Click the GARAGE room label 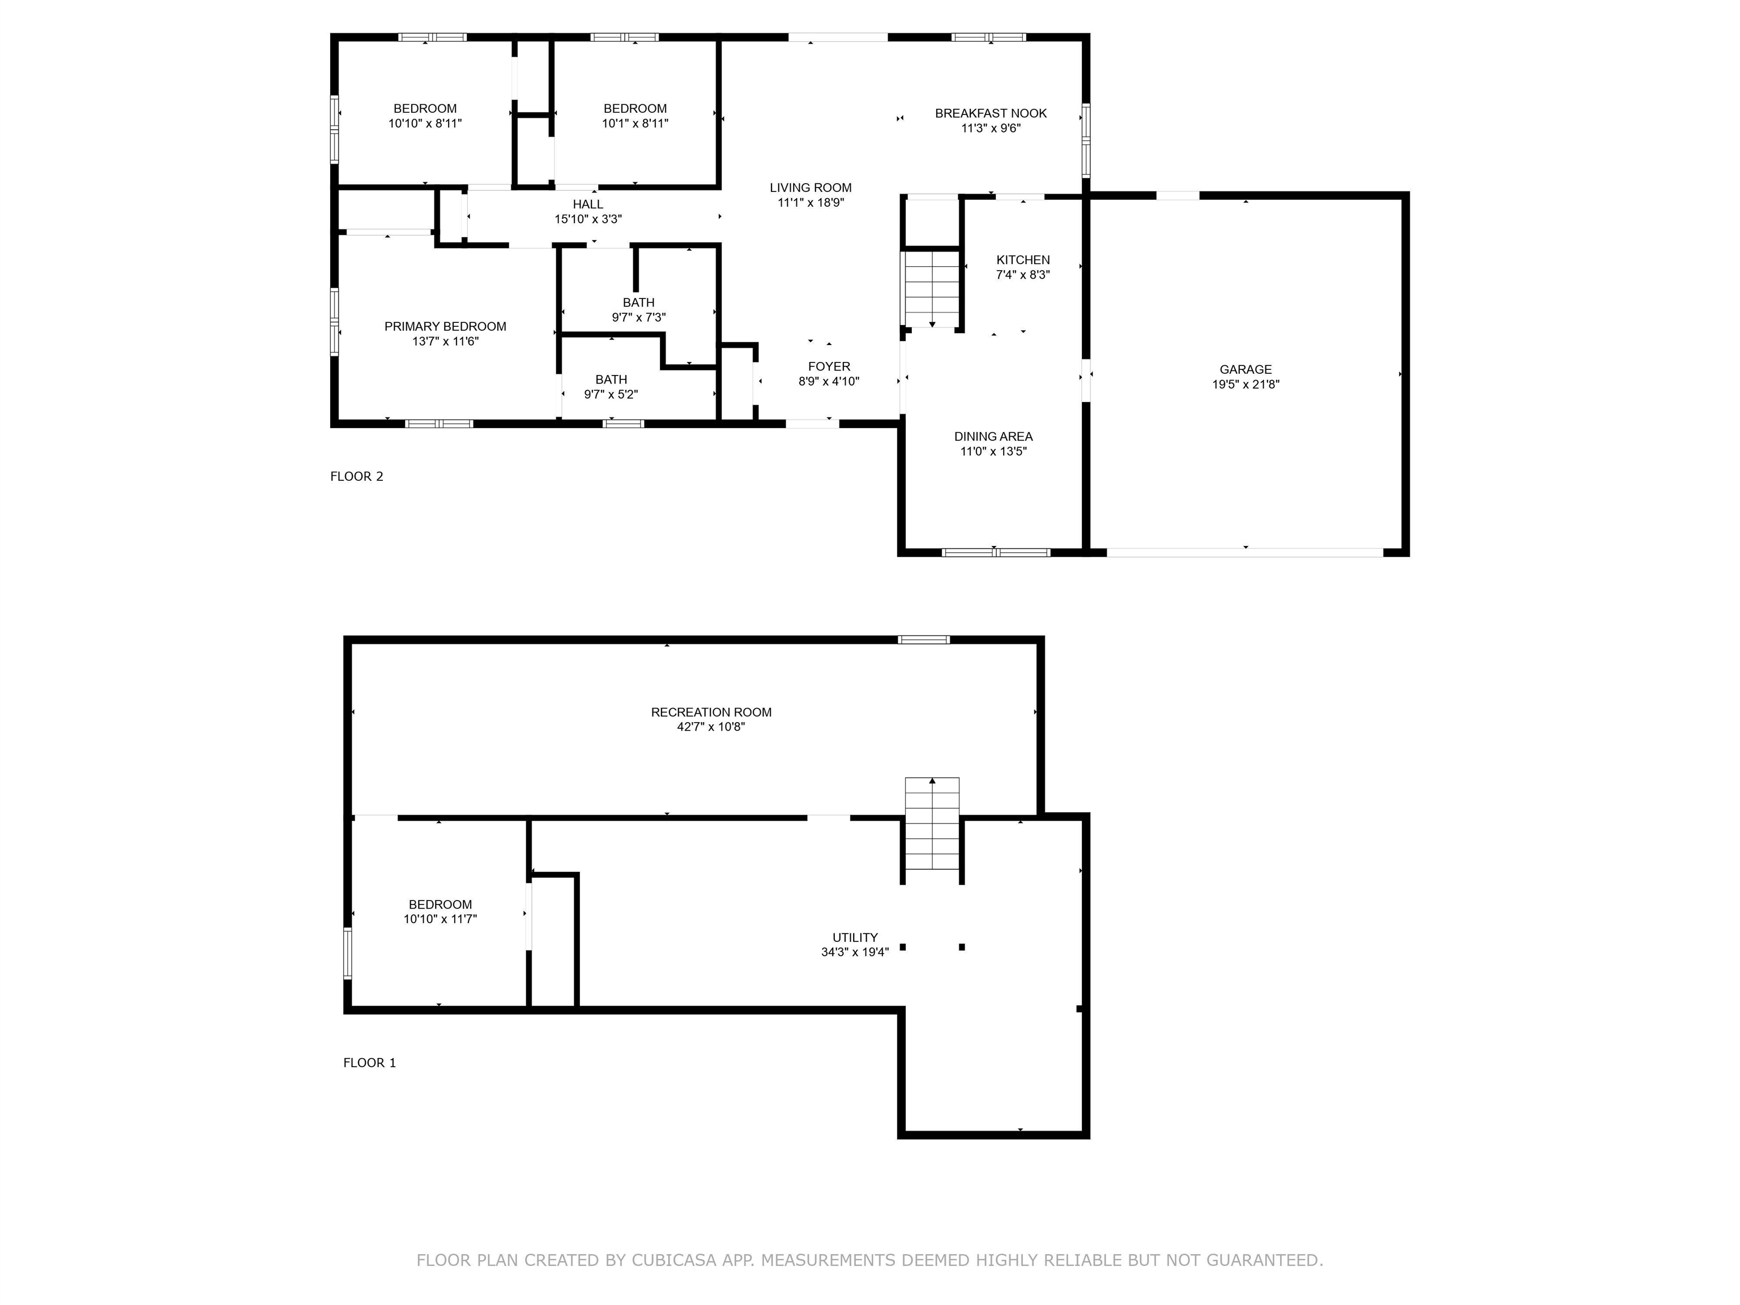pos(1245,369)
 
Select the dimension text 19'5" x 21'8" pos(1245,385)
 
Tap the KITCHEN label pos(1022,259)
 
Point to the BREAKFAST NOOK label pos(990,113)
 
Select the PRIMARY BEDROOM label pos(445,326)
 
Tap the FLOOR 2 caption pos(356,476)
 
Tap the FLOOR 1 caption pos(369,1063)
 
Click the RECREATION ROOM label pos(711,712)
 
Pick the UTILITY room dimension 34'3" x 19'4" pos(855,952)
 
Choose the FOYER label pos(829,366)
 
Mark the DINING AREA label pos(993,437)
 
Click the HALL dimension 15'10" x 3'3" pos(588,219)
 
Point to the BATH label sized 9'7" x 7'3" pos(639,302)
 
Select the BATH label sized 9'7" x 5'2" pos(611,379)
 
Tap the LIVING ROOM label pos(810,187)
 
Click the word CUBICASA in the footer pos(673,1260)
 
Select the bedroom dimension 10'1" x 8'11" pos(635,123)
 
